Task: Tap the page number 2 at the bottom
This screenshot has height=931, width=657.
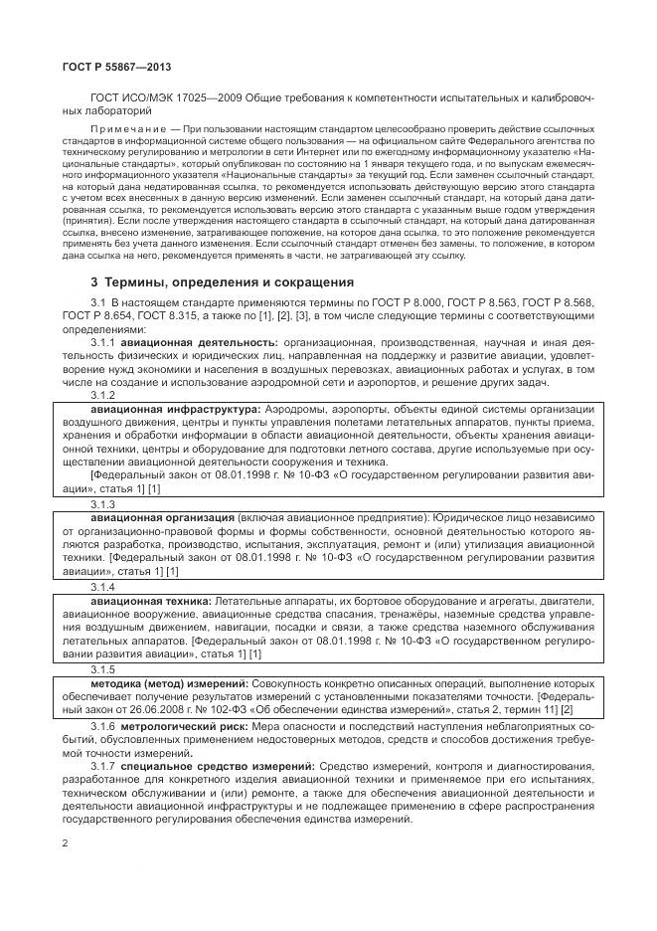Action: click(x=64, y=842)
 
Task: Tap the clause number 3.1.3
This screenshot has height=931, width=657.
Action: click(x=103, y=505)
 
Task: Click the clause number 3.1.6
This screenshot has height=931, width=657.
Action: click(x=103, y=729)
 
